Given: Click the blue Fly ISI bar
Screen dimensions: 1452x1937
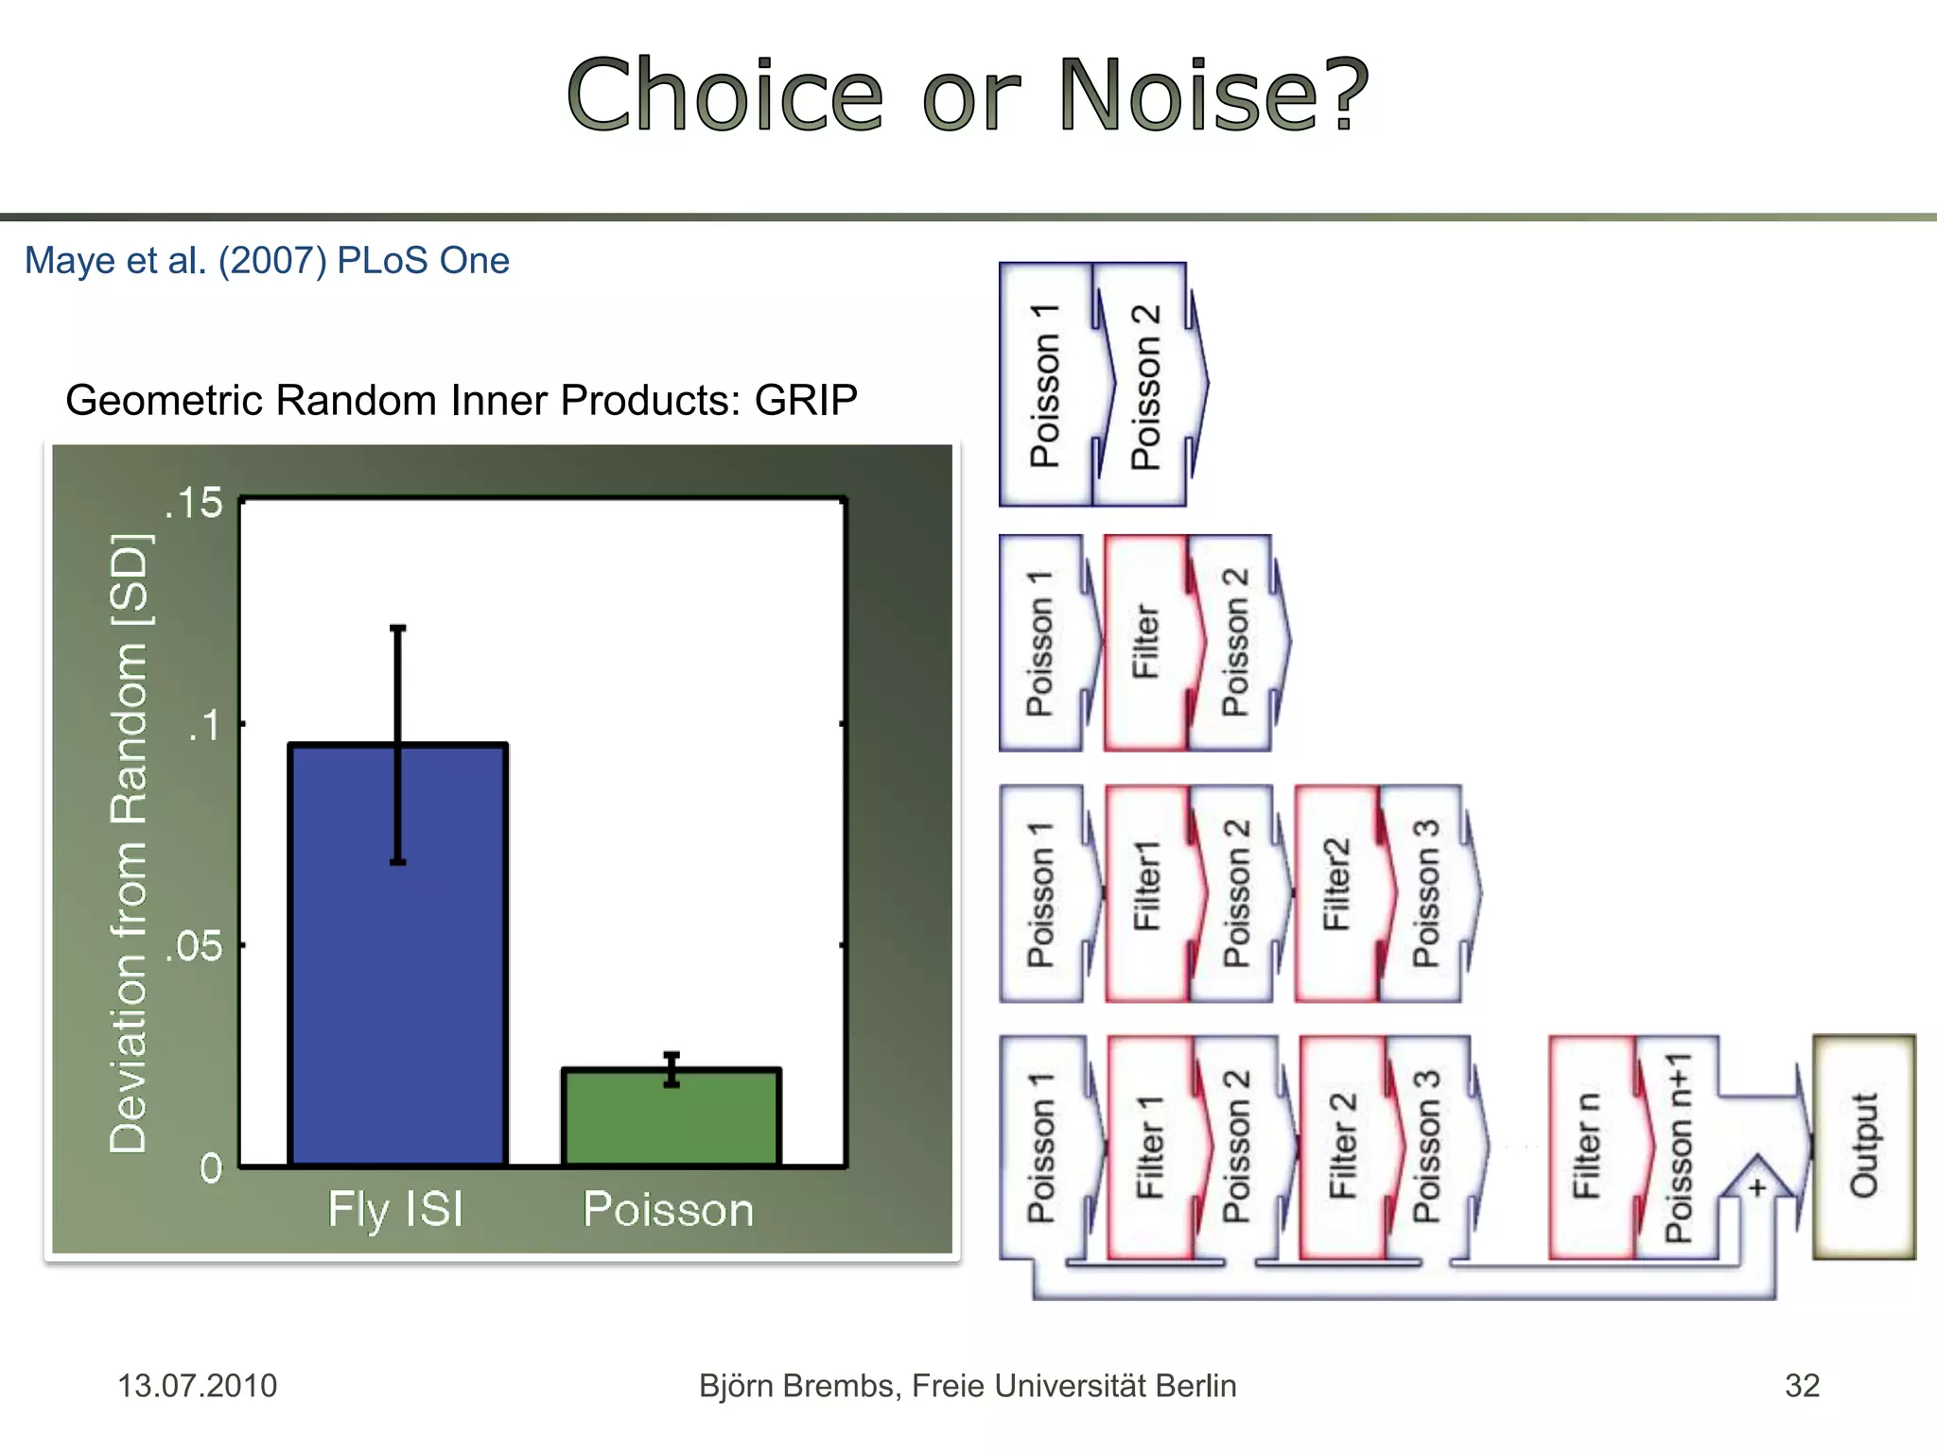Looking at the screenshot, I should [x=397, y=955].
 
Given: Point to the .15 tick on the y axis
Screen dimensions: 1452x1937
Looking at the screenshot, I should [x=194, y=503].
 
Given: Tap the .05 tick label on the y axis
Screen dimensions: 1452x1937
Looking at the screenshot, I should [x=194, y=945].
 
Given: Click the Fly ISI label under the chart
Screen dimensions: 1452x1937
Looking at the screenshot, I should [x=395, y=1209].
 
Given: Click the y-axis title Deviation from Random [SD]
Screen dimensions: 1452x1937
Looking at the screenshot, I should [x=130, y=841].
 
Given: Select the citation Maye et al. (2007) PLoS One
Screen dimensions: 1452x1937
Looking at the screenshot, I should [x=267, y=261].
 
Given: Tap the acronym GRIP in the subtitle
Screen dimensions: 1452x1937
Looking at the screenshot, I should [x=805, y=400].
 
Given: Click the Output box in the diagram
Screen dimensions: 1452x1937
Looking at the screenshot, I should [x=1863, y=1146].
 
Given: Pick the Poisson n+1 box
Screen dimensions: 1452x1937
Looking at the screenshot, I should [x=1678, y=1146].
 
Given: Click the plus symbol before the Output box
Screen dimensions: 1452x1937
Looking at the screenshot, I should [x=1756, y=1187].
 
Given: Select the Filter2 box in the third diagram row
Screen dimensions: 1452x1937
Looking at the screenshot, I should [x=1335, y=892].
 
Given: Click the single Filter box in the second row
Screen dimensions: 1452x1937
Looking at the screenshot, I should [x=1144, y=643].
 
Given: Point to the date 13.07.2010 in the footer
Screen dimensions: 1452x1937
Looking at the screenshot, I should [x=197, y=1386].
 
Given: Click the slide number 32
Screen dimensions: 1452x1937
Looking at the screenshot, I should [x=1802, y=1386].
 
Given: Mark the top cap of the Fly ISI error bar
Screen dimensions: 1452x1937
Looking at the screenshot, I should [x=398, y=628].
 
